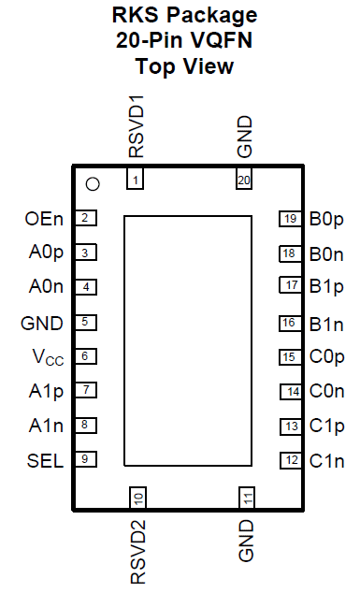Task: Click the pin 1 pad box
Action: [x=135, y=179]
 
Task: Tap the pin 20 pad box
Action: [x=244, y=179]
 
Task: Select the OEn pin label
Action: [x=44, y=219]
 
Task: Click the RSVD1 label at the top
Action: [x=137, y=126]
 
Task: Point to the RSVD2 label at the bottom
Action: [x=138, y=552]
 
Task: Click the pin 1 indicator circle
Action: [x=93, y=184]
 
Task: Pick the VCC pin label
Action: [x=48, y=357]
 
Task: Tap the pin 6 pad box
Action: [x=85, y=356]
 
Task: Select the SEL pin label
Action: [x=45, y=461]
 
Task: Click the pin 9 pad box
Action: [x=85, y=459]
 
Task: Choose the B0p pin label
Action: [x=326, y=220]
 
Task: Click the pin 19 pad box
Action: [x=290, y=219]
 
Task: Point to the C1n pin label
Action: [x=326, y=461]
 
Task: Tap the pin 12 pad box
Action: [x=291, y=460]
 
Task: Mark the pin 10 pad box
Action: [x=137, y=499]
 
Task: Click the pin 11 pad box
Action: [x=247, y=499]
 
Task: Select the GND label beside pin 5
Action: [x=42, y=324]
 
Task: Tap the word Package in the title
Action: [x=211, y=16]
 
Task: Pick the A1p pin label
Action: [x=46, y=391]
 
